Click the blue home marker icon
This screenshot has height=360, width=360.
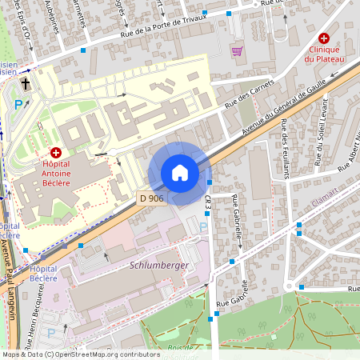[x=180, y=173]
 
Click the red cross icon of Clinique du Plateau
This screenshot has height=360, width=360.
[x=324, y=38]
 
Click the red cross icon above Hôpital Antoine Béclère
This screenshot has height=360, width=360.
[x=56, y=152]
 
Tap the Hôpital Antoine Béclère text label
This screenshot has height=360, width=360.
[x=56, y=173]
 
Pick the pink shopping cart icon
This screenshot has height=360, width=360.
[x=237, y=51]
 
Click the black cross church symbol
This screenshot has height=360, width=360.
[x=26, y=82]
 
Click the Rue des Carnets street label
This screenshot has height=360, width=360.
[x=249, y=94]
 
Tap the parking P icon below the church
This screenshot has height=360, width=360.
[x=19, y=103]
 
